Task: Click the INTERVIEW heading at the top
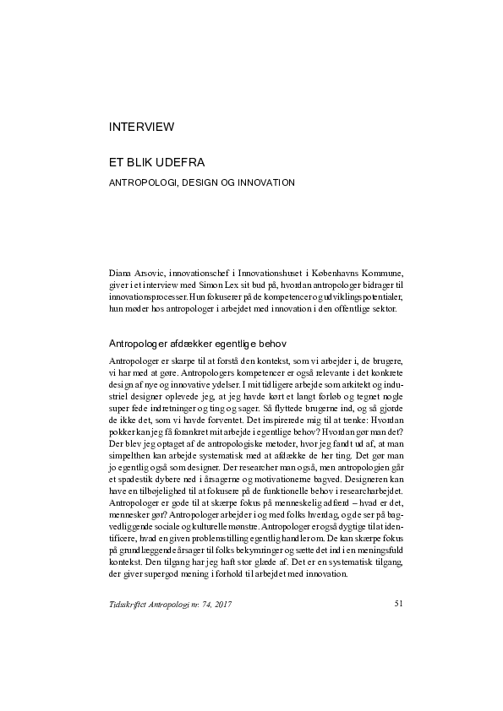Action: [141, 128]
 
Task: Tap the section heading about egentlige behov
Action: [197, 344]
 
